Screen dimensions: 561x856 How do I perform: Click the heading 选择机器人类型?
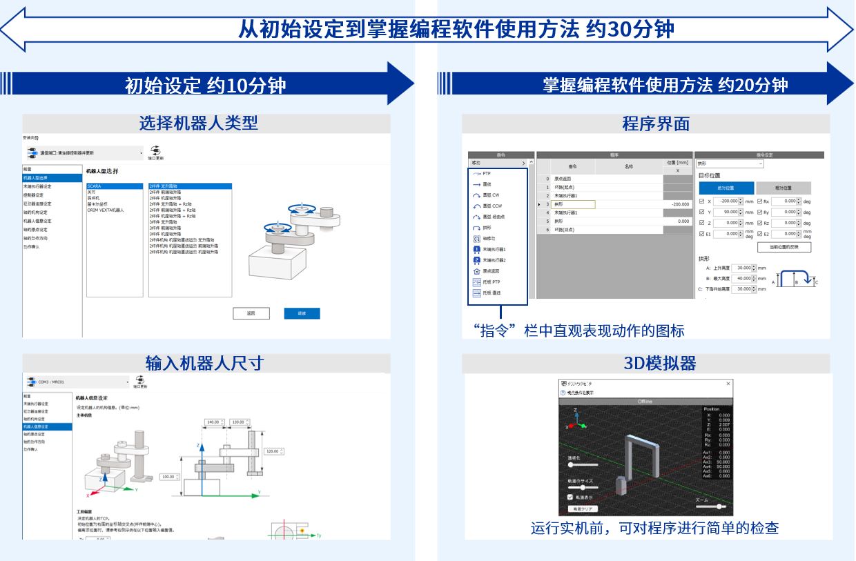pos(198,124)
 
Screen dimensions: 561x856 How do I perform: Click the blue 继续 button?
pos(302,313)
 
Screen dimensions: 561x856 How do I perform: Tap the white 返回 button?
pos(251,313)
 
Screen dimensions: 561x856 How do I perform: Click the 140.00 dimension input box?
pos(213,422)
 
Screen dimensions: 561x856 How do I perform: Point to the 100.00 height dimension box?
pos(168,477)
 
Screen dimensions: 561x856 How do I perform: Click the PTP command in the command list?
pos(487,173)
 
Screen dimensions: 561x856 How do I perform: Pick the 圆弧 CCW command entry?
pos(492,206)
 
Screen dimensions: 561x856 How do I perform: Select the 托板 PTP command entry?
pos(492,282)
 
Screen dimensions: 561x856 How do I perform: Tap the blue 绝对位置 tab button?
pos(726,188)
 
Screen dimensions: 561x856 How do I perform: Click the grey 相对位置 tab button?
pos(783,188)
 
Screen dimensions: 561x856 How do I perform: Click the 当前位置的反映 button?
pos(784,247)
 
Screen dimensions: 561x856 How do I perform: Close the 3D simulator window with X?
pos(729,383)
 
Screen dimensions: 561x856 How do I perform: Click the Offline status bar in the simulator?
pos(645,401)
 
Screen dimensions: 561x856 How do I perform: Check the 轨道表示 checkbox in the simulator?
pos(570,496)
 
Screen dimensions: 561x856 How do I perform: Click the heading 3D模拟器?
pos(646,363)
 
